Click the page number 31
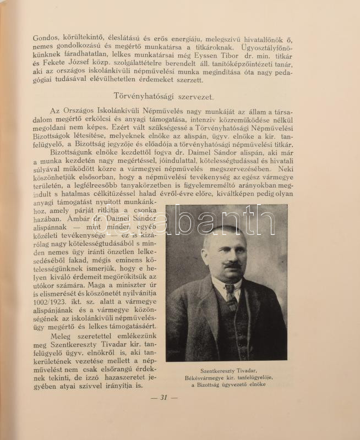click(163, 397)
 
